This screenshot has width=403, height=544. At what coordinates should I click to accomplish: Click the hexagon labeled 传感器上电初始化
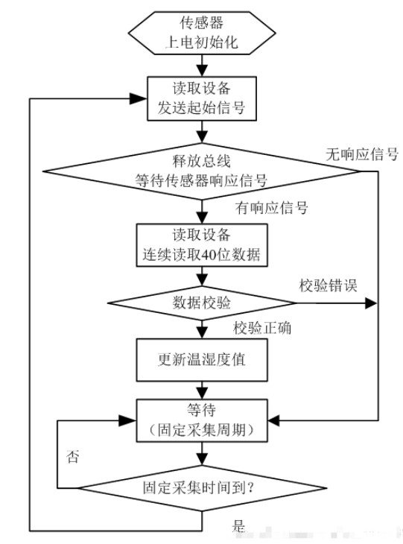click(x=202, y=33)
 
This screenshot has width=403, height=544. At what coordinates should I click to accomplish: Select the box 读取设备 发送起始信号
click(x=202, y=98)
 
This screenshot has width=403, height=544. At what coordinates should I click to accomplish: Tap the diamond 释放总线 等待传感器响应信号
click(x=202, y=171)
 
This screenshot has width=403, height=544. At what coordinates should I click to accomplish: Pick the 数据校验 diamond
click(x=202, y=303)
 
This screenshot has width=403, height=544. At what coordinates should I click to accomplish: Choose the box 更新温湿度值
click(x=202, y=360)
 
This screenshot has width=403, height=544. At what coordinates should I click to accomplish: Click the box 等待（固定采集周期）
click(x=202, y=420)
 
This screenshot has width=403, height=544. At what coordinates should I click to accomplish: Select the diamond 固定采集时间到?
click(x=202, y=488)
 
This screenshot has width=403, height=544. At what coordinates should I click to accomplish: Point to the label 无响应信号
click(x=362, y=154)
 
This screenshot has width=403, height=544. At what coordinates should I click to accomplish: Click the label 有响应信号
click(x=272, y=208)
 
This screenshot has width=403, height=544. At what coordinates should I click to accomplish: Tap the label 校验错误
click(x=328, y=285)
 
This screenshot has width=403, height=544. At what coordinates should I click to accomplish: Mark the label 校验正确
click(x=262, y=328)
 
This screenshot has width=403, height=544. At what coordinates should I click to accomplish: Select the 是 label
click(x=238, y=525)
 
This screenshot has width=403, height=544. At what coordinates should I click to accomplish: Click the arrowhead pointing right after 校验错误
click(x=371, y=303)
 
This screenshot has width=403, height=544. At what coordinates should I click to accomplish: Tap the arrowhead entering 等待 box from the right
click(x=274, y=420)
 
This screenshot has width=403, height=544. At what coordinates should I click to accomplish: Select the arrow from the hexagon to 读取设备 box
click(x=202, y=66)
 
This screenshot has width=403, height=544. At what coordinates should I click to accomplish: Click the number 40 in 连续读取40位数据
click(x=209, y=255)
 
